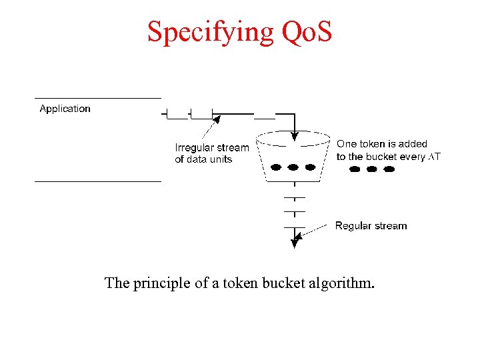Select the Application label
65,109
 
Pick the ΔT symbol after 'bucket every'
434,157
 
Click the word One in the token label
347,144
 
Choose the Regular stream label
371,226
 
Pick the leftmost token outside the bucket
355,169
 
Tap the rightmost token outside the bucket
389,169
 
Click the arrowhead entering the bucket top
293,139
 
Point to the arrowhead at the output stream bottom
294,244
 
